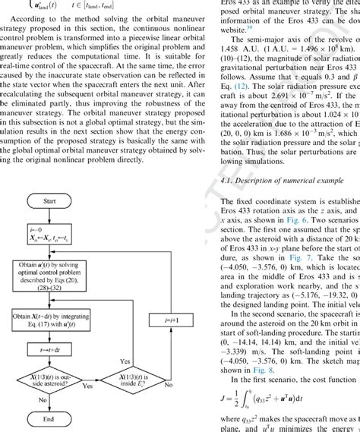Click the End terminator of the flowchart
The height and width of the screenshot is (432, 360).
[49, 416]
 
